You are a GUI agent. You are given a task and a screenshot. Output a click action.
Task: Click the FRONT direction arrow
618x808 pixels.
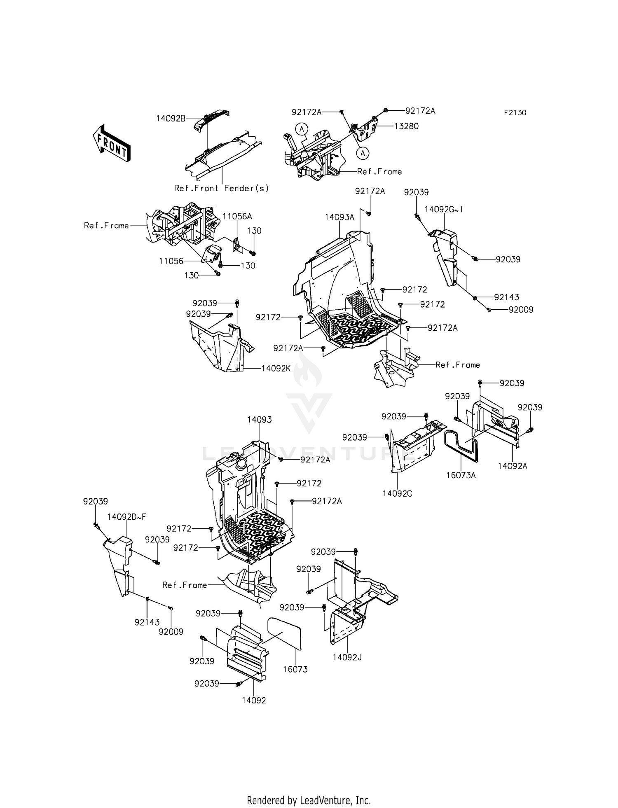pyautogui.click(x=111, y=143)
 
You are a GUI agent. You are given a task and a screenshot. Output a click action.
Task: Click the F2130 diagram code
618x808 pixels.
pyautogui.click(x=515, y=113)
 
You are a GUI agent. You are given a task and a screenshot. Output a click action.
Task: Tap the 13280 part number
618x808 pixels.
pyautogui.click(x=406, y=126)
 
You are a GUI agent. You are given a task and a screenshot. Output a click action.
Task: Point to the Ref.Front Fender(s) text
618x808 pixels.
pyautogui.click(x=221, y=188)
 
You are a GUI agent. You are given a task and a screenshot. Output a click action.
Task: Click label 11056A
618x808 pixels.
pyautogui.click(x=237, y=216)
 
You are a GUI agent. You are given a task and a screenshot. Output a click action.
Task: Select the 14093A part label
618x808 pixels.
pyautogui.click(x=339, y=217)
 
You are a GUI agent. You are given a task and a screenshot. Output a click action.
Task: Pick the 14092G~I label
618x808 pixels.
pyautogui.click(x=444, y=209)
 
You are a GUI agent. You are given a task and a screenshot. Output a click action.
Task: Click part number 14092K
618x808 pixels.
pyautogui.click(x=276, y=368)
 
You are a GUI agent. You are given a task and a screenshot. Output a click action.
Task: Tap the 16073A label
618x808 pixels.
pyautogui.click(x=461, y=475)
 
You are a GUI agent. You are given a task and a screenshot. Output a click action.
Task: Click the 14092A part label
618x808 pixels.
pyautogui.click(x=512, y=466)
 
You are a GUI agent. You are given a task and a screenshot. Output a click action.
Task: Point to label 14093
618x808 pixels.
pyautogui.click(x=259, y=420)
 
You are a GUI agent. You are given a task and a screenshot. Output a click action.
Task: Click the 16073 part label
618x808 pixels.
pyautogui.click(x=295, y=669)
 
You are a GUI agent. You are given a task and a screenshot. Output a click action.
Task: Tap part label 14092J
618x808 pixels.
pyautogui.click(x=347, y=657)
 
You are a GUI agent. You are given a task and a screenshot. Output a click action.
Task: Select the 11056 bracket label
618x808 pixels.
pyautogui.click(x=171, y=261)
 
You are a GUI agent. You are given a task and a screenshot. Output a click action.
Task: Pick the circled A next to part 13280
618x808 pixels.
pyautogui.click(x=363, y=153)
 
